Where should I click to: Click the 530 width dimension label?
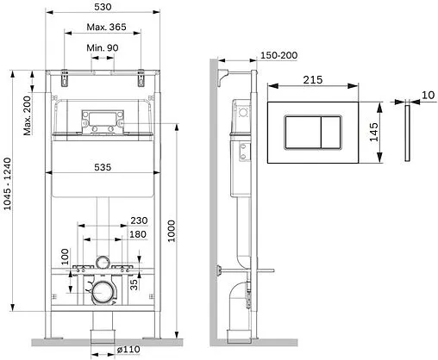point(103,7)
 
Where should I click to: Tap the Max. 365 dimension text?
point(106,27)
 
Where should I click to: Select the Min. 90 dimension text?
point(103,47)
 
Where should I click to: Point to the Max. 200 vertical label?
point(27,115)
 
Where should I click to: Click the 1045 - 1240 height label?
point(7,183)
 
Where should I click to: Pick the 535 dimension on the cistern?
point(103,167)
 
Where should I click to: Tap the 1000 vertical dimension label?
point(172,231)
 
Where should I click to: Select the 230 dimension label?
point(139,220)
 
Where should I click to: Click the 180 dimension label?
point(138,234)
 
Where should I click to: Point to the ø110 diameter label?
point(128,350)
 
